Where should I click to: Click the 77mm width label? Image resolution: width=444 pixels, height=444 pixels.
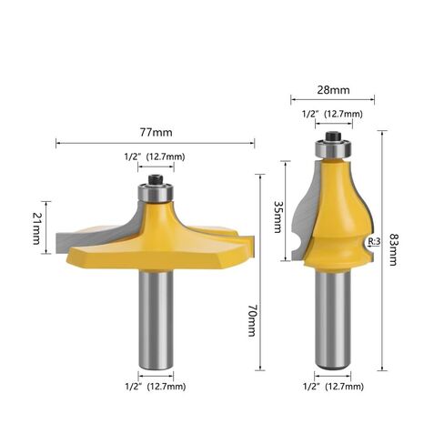pyautogui.click(x=156, y=133)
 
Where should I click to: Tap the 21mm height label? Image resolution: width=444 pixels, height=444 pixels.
pyautogui.click(x=36, y=228)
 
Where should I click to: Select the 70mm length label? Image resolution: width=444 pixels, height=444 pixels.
pyautogui.click(x=252, y=321)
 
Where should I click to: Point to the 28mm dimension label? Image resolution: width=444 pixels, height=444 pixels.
pyautogui.click(x=333, y=90)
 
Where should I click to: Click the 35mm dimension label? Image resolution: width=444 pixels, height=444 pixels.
pyautogui.click(x=277, y=217)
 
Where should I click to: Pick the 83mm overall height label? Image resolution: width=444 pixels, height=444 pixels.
pyautogui.click(x=393, y=249)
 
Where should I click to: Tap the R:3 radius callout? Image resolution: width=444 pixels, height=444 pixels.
pyautogui.click(x=374, y=241)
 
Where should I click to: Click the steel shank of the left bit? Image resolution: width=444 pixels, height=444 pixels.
pyautogui.click(x=156, y=319)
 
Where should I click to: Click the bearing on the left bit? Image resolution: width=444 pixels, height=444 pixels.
pyautogui.click(x=156, y=193)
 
